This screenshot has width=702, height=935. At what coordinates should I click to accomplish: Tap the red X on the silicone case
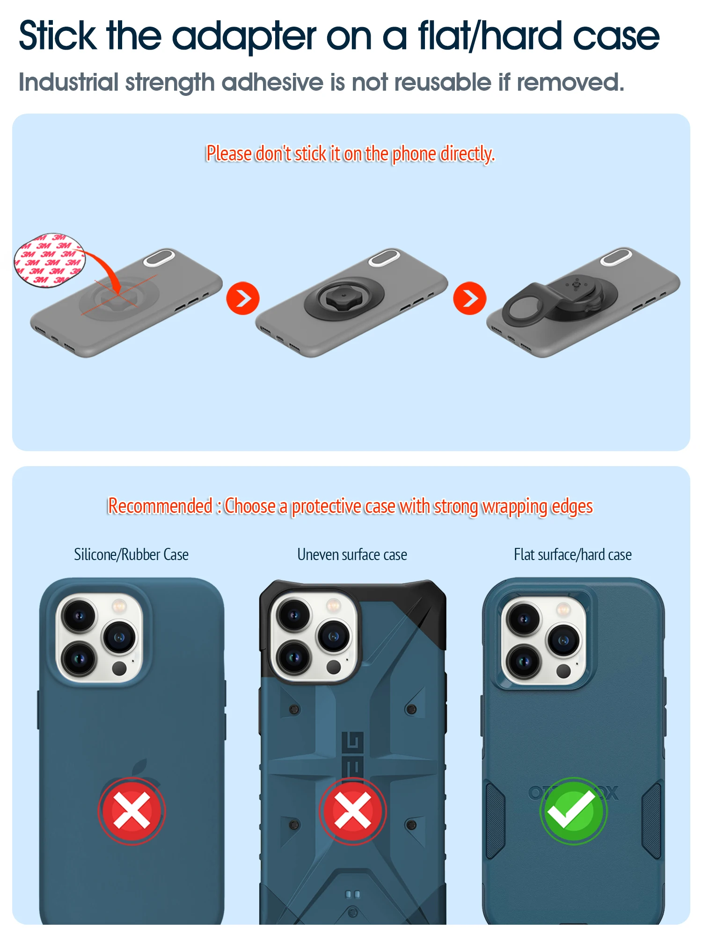point(132,811)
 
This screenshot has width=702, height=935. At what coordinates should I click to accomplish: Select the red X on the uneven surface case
point(352,811)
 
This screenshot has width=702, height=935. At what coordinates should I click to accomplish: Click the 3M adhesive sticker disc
point(50,260)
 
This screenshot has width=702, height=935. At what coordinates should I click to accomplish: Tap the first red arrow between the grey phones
point(243,298)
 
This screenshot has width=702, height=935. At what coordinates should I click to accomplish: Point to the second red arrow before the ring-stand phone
point(470,298)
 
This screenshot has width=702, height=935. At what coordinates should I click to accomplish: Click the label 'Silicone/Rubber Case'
point(132,554)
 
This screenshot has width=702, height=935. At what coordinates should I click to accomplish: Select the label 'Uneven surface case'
point(352,554)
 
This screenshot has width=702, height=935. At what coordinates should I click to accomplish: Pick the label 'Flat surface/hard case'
point(573,554)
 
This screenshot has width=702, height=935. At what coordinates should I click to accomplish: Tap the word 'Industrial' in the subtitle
point(68,82)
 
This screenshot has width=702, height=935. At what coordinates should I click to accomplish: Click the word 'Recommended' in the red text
point(160,506)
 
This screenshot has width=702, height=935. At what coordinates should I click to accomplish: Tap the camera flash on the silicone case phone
point(119,607)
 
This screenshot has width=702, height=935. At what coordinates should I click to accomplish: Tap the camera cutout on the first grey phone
point(159,258)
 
